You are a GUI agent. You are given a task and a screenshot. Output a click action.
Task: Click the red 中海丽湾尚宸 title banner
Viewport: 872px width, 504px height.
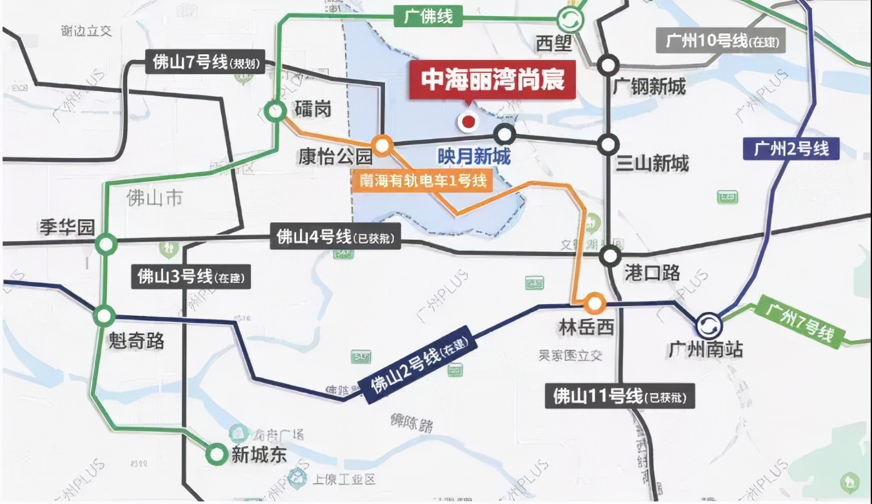(493, 81)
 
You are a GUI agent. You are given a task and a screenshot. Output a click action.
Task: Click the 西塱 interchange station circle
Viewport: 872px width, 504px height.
(570, 21)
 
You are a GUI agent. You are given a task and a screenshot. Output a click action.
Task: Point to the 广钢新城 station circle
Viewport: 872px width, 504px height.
(608, 65)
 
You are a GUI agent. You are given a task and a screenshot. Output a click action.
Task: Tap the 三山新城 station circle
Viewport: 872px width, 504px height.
(608, 144)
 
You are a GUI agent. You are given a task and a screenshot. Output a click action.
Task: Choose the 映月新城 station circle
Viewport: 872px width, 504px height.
(505, 135)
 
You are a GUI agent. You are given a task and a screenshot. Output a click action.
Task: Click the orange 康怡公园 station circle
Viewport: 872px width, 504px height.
(382, 146)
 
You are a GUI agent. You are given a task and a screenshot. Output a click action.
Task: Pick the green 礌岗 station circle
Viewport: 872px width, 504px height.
(276, 111)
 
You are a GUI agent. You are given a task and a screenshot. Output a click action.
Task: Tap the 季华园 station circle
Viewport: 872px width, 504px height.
(106, 244)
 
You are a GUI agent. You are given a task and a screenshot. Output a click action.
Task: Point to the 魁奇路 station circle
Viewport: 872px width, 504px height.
(104, 316)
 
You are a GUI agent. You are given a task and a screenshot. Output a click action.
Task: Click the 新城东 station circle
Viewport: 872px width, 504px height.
(215, 455)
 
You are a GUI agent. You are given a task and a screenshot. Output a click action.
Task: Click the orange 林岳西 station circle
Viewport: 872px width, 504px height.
(593, 302)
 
